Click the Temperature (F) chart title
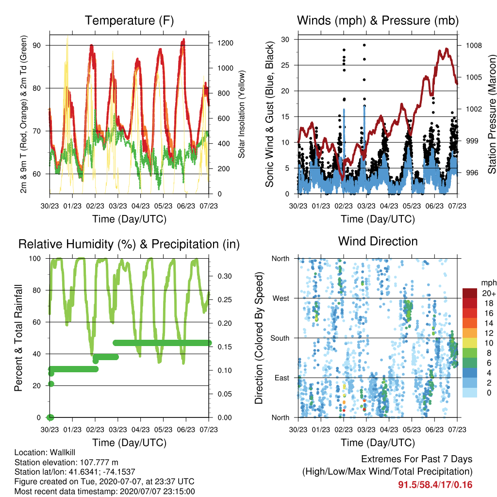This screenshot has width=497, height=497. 129,20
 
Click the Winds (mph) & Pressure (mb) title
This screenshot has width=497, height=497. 378,20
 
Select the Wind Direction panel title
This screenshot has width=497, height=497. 378,241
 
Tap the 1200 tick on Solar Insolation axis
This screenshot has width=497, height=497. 225,43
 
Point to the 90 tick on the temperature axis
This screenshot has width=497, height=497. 37,45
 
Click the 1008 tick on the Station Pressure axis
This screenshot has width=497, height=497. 474,46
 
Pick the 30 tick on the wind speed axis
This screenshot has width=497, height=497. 285,40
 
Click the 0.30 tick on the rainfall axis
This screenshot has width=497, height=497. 225,276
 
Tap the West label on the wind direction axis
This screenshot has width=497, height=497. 281,298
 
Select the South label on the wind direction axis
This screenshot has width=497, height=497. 280,338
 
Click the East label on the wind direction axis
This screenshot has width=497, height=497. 282,378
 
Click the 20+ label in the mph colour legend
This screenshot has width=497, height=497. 489,294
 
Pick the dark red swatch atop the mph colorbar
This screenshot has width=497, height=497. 470,293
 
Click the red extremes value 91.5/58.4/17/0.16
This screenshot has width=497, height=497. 435,485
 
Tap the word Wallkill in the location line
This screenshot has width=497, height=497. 63,452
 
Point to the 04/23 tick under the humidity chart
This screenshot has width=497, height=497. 140,430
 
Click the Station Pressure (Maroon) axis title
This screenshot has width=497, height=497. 492,114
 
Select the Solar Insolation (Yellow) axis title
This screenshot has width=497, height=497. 242,114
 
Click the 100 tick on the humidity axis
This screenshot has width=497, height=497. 35,259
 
